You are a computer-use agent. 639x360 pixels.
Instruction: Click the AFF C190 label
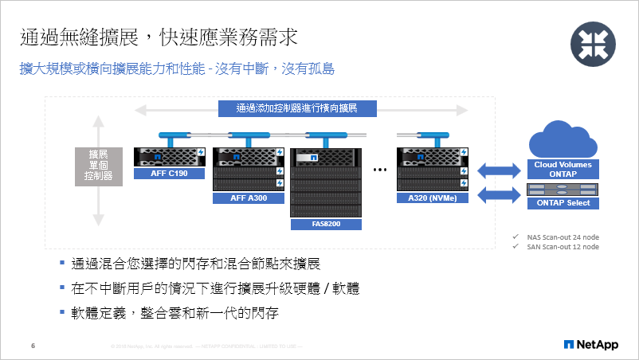click(x=169, y=173)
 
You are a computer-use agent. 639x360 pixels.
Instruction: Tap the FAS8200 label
click(x=326, y=225)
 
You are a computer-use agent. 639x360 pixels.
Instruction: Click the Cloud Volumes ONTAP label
click(x=563, y=169)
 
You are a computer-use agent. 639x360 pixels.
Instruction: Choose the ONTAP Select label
click(x=563, y=202)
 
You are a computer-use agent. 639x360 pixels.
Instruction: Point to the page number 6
click(x=33, y=346)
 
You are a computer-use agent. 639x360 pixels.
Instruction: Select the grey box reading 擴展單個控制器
click(x=98, y=166)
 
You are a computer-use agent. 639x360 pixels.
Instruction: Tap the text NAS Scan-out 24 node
click(x=563, y=237)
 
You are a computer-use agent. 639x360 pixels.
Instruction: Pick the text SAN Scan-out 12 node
click(x=563, y=247)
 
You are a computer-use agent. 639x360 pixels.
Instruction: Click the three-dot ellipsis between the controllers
click(x=379, y=170)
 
